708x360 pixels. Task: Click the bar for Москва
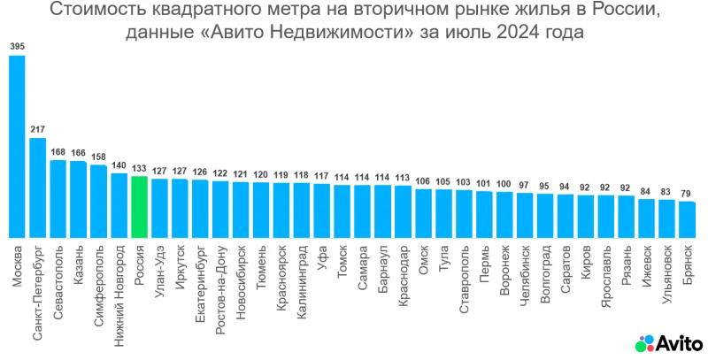[17, 146]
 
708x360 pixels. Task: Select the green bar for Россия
[139, 206]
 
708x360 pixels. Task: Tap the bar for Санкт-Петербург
[37, 187]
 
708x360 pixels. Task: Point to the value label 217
[37, 129]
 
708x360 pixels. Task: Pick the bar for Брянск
[688, 219]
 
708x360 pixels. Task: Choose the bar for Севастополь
[58, 198]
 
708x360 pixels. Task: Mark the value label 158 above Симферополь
[98, 157]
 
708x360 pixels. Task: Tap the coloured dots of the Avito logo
[645, 342]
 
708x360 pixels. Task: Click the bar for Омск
[424, 212]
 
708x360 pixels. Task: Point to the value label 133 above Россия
[139, 168]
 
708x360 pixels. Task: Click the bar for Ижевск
[647, 218]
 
